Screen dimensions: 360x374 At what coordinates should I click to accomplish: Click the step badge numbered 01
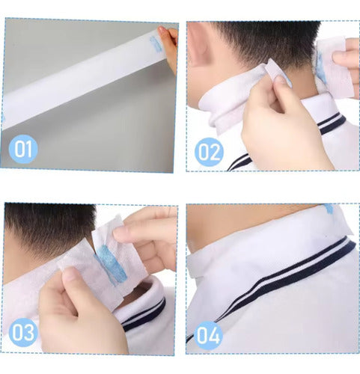23,149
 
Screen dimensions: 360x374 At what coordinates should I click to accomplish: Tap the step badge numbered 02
209,152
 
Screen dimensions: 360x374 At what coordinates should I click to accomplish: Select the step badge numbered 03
23,332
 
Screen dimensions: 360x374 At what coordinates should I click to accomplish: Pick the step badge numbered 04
208,335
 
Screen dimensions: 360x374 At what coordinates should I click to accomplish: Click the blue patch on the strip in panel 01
156,44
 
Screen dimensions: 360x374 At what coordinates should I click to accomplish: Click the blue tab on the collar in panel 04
329,208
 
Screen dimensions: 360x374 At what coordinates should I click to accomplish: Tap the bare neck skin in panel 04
249,224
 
